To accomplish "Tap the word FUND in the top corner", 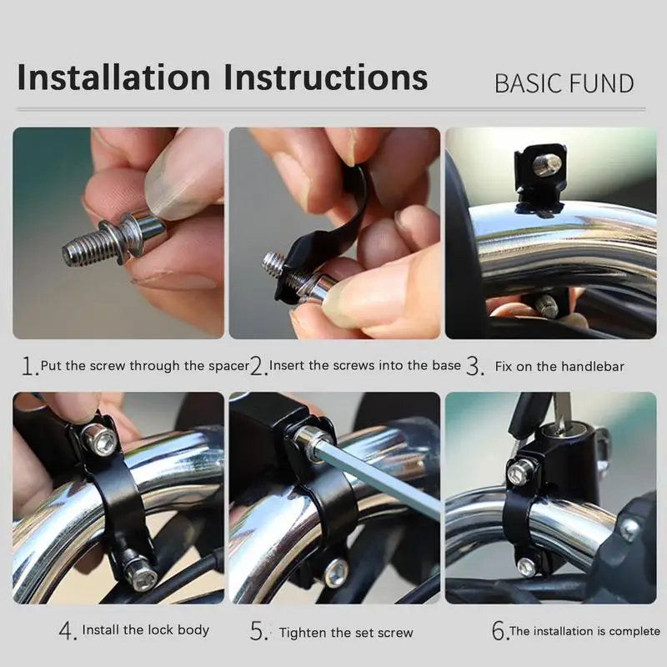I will tap(602, 83).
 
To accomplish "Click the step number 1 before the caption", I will tap(29, 365).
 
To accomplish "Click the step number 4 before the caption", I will tap(68, 631).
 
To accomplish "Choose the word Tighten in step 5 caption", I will tap(303, 633).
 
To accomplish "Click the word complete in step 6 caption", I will tap(634, 631).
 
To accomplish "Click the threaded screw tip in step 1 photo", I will tap(83, 248).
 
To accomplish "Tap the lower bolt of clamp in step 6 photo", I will tap(527, 567).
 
